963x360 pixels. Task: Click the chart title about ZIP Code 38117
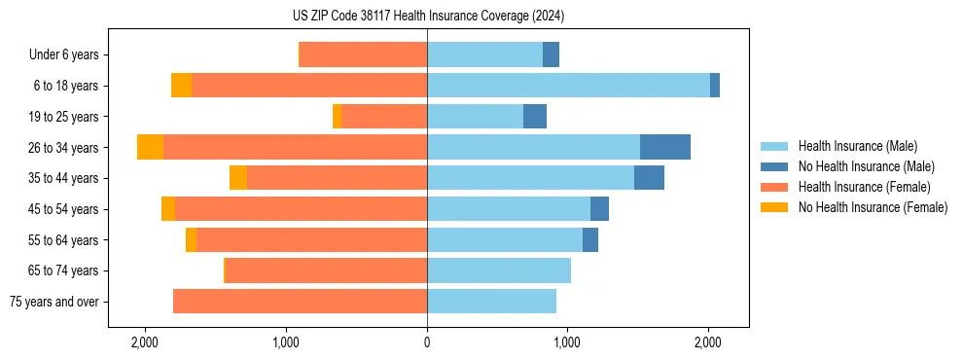[x=427, y=17]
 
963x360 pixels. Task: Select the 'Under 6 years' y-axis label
[x=70, y=55]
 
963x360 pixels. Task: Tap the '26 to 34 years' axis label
[x=65, y=148]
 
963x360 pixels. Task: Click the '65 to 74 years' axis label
[x=65, y=270]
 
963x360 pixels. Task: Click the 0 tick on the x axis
[x=427, y=343]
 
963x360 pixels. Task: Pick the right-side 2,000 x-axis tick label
[x=708, y=343]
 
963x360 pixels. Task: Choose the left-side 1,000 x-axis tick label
[x=286, y=343]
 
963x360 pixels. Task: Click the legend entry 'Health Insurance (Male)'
[x=856, y=146]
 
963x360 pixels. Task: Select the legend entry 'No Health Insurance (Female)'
[x=873, y=207]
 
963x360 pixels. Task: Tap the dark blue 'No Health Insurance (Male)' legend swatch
[x=774, y=166]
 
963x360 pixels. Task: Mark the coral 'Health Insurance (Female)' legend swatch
[x=774, y=187]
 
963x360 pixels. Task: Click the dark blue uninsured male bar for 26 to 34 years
[x=665, y=147]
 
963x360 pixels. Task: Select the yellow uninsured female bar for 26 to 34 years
[x=150, y=147]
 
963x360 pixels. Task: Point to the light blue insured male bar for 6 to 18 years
[x=568, y=86]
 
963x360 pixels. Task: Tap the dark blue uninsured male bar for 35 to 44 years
[x=649, y=178]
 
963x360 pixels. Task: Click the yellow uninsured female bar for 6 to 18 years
[x=181, y=86]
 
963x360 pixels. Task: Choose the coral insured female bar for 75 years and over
[x=300, y=302]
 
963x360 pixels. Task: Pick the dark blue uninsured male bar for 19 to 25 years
[x=535, y=117]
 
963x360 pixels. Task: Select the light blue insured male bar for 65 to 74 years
[x=499, y=270]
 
